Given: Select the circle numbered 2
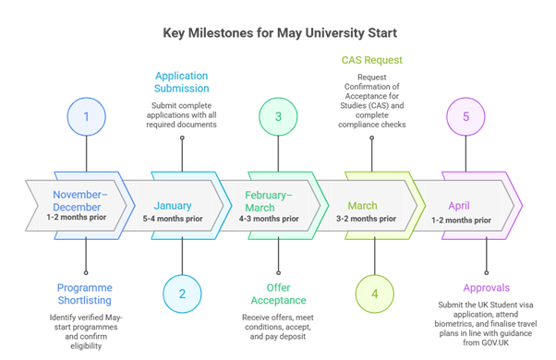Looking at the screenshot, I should point(182,294).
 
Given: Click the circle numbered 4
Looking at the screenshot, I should point(373,294).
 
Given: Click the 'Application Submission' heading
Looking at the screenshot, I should point(181,81).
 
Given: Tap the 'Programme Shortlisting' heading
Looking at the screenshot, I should point(85,294).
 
